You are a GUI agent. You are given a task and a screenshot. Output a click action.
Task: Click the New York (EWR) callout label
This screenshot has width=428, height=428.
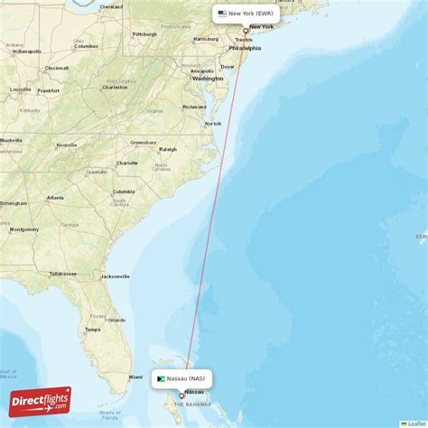(246, 14)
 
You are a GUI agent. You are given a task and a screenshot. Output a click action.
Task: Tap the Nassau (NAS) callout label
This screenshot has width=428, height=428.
(181, 378)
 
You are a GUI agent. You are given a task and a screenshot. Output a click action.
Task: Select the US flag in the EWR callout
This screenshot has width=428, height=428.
(222, 14)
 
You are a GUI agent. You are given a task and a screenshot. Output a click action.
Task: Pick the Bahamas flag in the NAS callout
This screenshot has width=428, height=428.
(161, 378)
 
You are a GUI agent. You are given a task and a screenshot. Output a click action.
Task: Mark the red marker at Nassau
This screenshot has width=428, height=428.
(181, 395)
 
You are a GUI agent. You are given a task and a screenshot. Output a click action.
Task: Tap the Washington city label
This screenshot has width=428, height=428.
(207, 79)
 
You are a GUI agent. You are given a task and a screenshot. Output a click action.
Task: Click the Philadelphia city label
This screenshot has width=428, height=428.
(245, 49)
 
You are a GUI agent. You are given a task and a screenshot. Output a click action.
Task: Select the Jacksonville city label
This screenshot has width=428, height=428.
(116, 276)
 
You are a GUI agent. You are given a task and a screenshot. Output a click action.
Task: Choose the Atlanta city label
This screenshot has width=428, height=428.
(55, 197)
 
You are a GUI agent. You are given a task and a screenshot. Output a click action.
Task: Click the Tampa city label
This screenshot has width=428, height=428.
(92, 329)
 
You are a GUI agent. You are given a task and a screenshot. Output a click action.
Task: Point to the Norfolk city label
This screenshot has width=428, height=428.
(213, 124)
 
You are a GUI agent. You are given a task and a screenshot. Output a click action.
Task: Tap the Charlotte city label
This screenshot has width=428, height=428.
(126, 163)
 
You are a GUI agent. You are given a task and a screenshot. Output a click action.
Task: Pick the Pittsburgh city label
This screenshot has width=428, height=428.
(144, 34)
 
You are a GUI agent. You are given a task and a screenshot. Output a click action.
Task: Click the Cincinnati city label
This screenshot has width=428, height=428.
(56, 68)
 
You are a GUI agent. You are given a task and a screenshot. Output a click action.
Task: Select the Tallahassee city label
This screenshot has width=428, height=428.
(62, 273)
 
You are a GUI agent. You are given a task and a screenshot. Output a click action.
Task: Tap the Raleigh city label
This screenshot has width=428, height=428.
(167, 149)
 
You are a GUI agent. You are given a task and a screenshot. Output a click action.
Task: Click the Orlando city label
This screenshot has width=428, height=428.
(117, 319)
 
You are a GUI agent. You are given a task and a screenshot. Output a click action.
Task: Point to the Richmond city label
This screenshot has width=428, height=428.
(194, 107)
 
